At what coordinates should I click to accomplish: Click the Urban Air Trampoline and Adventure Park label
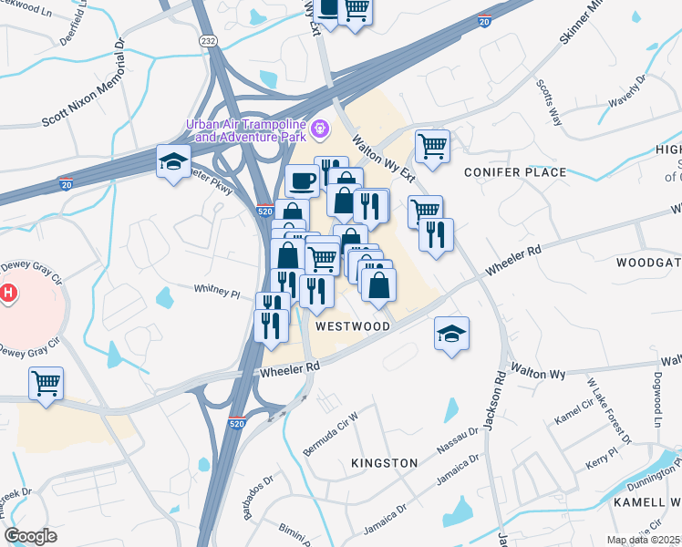coord(246,130)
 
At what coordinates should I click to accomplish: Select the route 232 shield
coord(208,41)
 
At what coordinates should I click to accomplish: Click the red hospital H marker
coord(8,294)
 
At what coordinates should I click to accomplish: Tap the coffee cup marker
coord(301,181)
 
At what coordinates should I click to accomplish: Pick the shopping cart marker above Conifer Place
coord(432,146)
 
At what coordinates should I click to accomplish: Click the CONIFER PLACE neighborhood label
coord(515,172)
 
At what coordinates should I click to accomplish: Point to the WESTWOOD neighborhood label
coord(353,326)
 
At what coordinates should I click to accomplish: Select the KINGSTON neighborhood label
coord(385,463)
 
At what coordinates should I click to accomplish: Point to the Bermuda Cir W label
coord(331,438)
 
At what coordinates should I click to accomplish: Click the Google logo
coord(30,536)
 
